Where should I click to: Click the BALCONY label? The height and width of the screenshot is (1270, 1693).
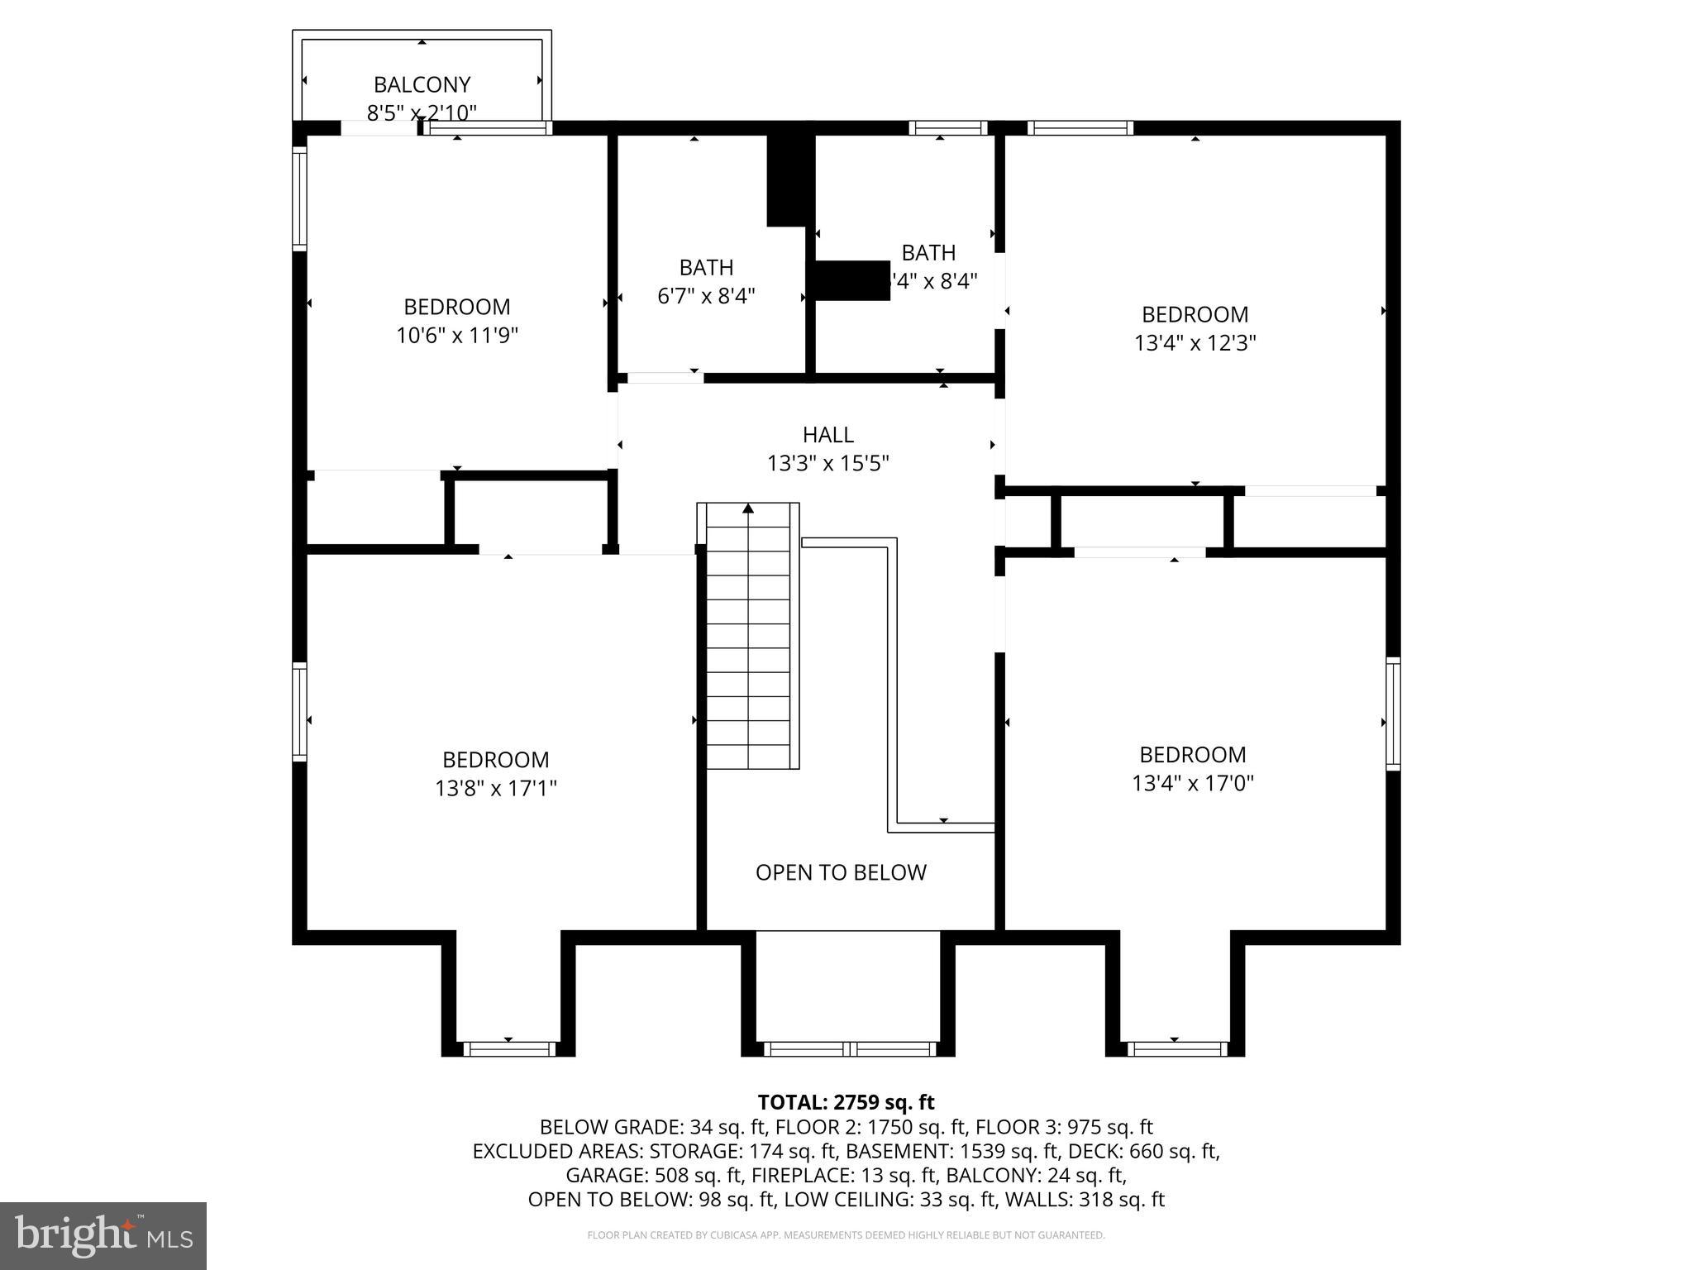pos(422,84)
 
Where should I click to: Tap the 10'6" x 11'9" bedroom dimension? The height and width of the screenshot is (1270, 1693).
pos(456,335)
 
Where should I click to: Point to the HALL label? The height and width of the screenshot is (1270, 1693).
pos(827,434)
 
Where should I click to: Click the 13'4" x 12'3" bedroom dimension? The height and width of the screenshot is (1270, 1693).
pos(1195,342)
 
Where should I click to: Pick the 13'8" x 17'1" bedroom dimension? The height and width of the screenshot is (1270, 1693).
pos(495,788)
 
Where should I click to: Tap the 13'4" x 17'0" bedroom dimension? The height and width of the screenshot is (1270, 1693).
pos(1192,782)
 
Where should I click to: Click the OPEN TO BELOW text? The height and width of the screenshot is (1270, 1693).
pos(841,872)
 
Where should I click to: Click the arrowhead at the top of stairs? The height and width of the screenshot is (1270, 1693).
pos(748,508)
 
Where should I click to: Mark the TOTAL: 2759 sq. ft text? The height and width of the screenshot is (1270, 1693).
pos(846,1102)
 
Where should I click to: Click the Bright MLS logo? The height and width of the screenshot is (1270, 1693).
pos(103,1235)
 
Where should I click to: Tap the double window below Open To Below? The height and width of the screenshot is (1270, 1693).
pos(849,1048)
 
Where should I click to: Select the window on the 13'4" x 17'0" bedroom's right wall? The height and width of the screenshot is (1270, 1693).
pos(1393,714)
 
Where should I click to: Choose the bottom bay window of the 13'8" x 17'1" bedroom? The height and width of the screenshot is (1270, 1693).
pos(508,1048)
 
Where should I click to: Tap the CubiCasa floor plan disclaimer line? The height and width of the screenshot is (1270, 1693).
pos(846,1235)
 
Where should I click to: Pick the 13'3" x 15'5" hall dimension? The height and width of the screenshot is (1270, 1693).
pos(827,463)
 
